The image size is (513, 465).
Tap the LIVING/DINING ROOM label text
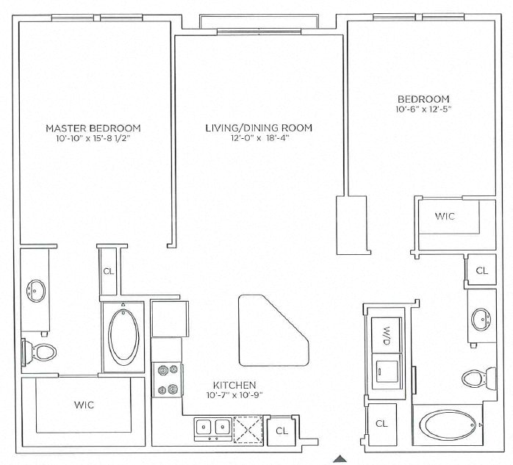pyautogui.click(x=258, y=128)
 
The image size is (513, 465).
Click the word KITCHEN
pyautogui.click(x=234, y=385)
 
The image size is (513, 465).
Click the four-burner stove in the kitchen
pyautogui.click(x=166, y=381)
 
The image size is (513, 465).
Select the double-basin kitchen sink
pyautogui.click(x=212, y=427)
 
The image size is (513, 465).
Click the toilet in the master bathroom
pyautogui.click(x=40, y=353)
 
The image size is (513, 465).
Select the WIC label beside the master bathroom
pyautogui.click(x=84, y=405)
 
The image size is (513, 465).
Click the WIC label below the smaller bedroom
pyautogui.click(x=445, y=217)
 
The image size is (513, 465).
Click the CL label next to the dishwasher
pyautogui.click(x=281, y=431)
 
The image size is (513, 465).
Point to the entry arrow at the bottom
pyautogui.click(x=339, y=459)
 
